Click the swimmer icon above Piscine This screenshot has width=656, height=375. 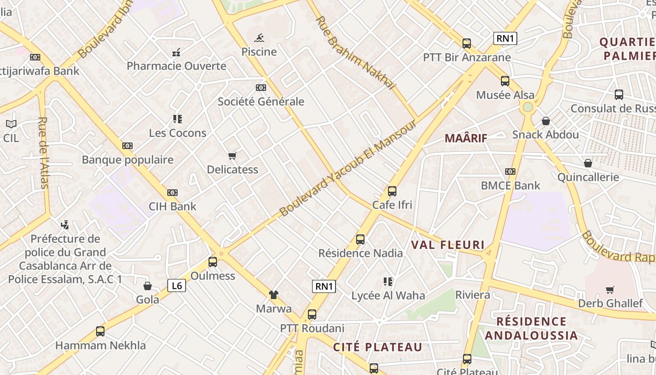pyautogui.click(x=259, y=38)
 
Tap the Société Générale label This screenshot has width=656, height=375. pyautogui.click(x=261, y=101)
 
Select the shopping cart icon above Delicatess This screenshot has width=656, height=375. pyautogui.click(x=232, y=156)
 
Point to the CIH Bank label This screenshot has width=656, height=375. pyautogui.click(x=172, y=206)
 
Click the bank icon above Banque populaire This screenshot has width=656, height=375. pyautogui.click(x=127, y=146)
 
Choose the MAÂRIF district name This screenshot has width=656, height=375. pyautogui.click(x=466, y=138)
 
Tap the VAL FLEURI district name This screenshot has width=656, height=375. pyautogui.click(x=447, y=245)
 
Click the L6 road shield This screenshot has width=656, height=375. pyautogui.click(x=177, y=285)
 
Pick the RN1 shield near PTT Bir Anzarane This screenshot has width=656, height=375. pyautogui.click(x=505, y=38)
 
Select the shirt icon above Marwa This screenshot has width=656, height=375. pyautogui.click(x=274, y=295)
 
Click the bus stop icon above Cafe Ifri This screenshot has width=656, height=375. pyautogui.click(x=392, y=191)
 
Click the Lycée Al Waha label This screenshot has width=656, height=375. pyautogui.click(x=388, y=295)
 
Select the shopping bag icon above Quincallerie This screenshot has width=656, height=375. pyautogui.click(x=588, y=163)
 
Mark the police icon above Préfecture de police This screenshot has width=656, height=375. pyautogui.click(x=66, y=225)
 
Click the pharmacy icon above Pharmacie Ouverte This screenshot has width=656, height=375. pyautogui.click(x=177, y=52)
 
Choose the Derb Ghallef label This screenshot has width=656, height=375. pyautogui.click(x=610, y=303)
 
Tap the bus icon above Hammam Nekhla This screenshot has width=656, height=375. pyautogui.click(x=100, y=331)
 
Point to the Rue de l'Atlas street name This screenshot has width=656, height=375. pyautogui.click(x=43, y=152)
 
